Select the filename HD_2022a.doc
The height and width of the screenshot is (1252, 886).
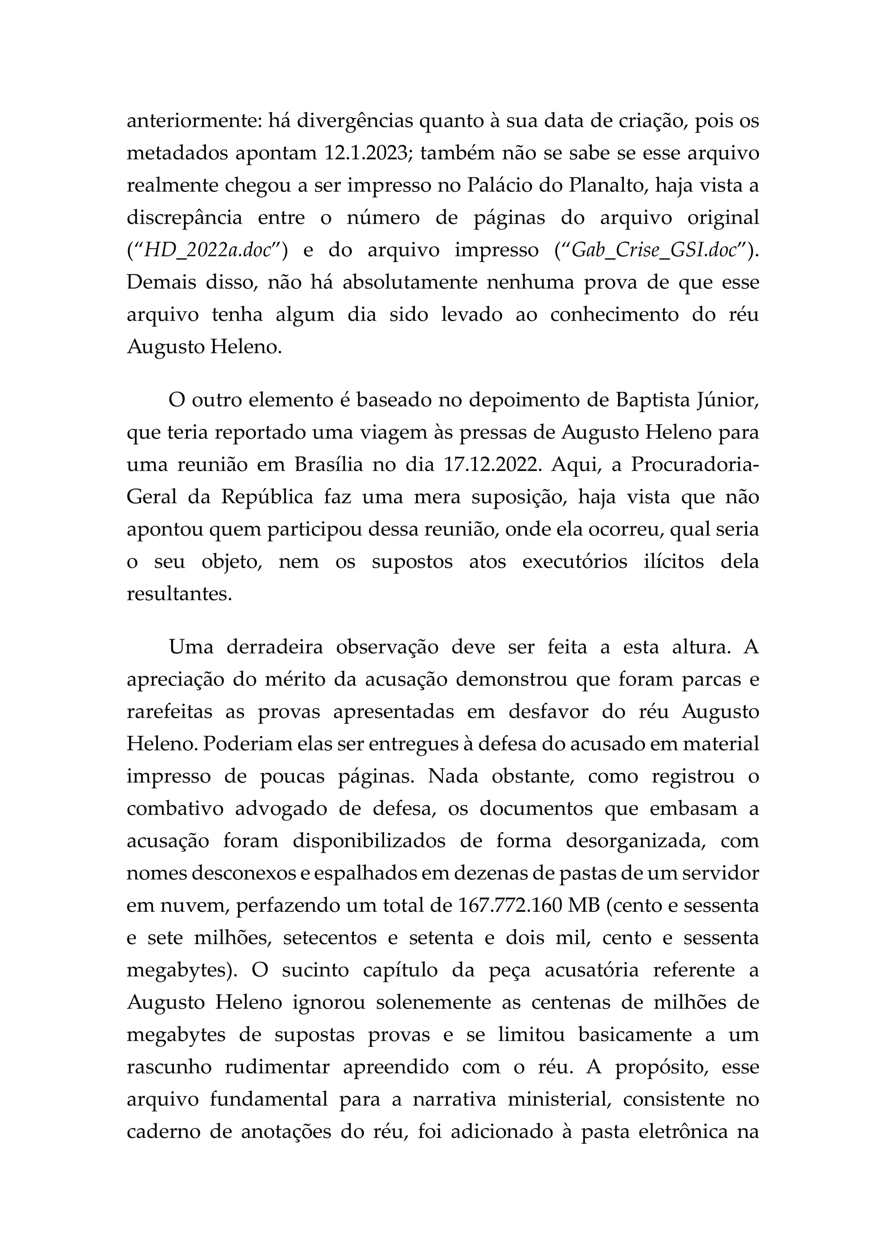point(208,250)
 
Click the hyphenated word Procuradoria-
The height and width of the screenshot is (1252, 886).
point(694,465)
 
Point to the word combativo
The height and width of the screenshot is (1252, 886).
point(175,809)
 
